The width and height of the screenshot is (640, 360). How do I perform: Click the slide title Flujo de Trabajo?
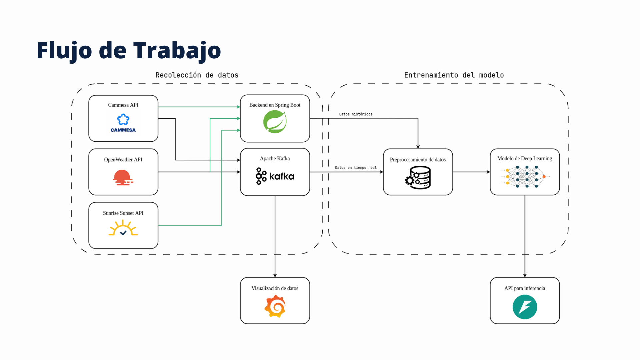click(129, 51)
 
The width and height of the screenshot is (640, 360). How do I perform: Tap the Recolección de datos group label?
click(197, 75)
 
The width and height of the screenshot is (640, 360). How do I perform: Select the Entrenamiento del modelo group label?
click(454, 75)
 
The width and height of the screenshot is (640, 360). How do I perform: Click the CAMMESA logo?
click(123, 123)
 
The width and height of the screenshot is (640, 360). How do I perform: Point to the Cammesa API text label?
click(123, 105)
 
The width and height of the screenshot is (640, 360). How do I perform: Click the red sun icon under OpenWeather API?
click(123, 177)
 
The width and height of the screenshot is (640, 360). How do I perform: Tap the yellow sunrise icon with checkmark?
click(123, 228)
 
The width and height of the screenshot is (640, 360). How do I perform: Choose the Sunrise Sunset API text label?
click(123, 213)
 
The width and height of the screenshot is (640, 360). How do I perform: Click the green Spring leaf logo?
click(275, 122)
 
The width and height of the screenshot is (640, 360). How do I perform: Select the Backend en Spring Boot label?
click(275, 105)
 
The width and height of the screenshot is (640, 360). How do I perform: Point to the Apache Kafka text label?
click(275, 158)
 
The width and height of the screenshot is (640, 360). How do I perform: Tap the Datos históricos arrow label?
click(356, 114)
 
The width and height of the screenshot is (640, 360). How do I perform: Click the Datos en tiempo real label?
click(356, 168)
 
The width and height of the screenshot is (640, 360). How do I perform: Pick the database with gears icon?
click(418, 178)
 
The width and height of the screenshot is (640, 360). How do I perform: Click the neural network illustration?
click(525, 177)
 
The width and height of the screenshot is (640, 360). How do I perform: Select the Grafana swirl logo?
click(275, 306)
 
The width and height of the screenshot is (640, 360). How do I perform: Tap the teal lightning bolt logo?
click(525, 307)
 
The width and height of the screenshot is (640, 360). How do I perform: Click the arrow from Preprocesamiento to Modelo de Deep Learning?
click(471, 172)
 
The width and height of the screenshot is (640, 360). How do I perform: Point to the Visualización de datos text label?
click(275, 288)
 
